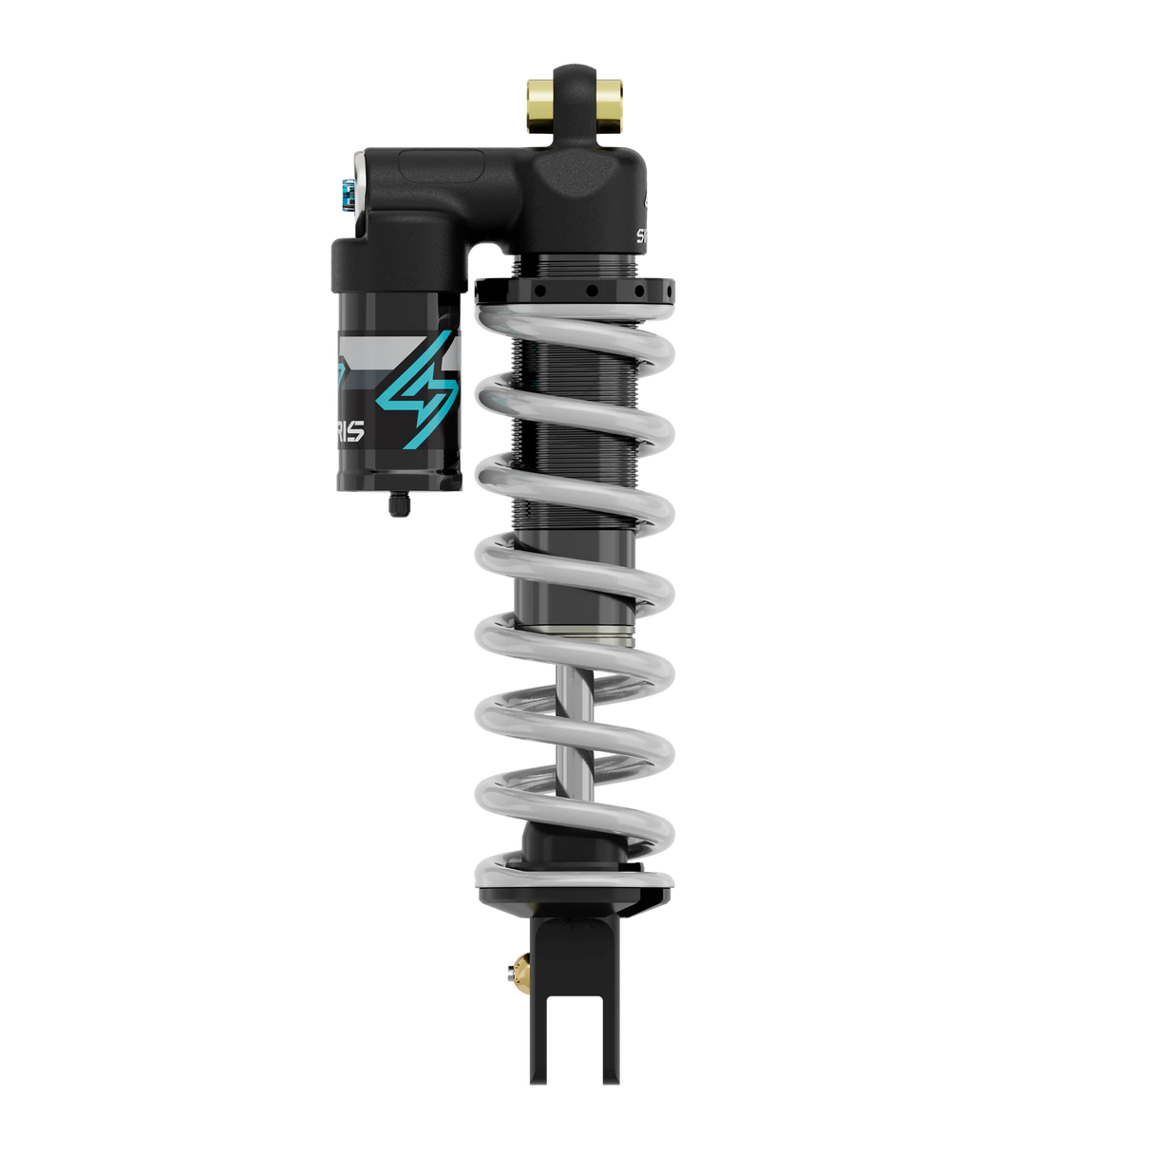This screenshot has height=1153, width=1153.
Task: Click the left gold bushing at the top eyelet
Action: pyautogui.click(x=534, y=104)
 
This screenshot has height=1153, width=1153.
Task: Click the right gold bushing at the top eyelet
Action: pyautogui.click(x=611, y=104)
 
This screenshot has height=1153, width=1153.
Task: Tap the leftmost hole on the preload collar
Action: pyautogui.click(x=538, y=291)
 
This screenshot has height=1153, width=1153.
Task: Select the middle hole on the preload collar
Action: pyautogui.click(x=591, y=291)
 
